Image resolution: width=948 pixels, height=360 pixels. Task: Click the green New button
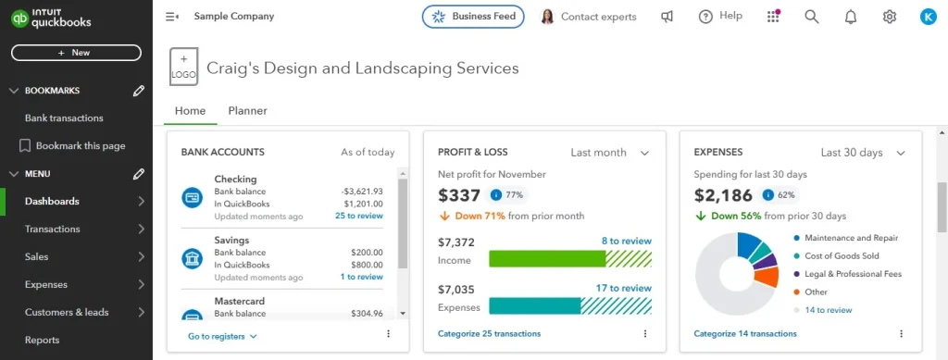[76, 53]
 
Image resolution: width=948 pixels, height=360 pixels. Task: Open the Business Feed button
[473, 17]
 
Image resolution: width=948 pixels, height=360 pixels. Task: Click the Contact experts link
[589, 17]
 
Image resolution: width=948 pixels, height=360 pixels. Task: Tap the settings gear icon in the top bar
[890, 17]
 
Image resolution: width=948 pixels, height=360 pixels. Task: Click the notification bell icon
[851, 17]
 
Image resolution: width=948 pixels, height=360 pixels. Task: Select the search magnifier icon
[812, 17]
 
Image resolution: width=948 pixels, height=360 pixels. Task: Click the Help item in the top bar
[720, 17]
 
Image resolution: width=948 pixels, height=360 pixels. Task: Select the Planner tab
[247, 111]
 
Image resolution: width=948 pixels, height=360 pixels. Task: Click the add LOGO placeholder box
[183, 68]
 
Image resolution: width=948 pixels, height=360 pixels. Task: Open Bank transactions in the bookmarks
[64, 118]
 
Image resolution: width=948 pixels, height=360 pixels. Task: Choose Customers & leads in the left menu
[67, 313]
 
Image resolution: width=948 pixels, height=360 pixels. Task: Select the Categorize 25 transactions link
[489, 334]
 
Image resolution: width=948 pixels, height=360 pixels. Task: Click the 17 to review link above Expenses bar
[623, 288]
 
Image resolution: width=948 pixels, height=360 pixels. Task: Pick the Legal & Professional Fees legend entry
[853, 274]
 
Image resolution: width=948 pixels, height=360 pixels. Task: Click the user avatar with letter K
[928, 17]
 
